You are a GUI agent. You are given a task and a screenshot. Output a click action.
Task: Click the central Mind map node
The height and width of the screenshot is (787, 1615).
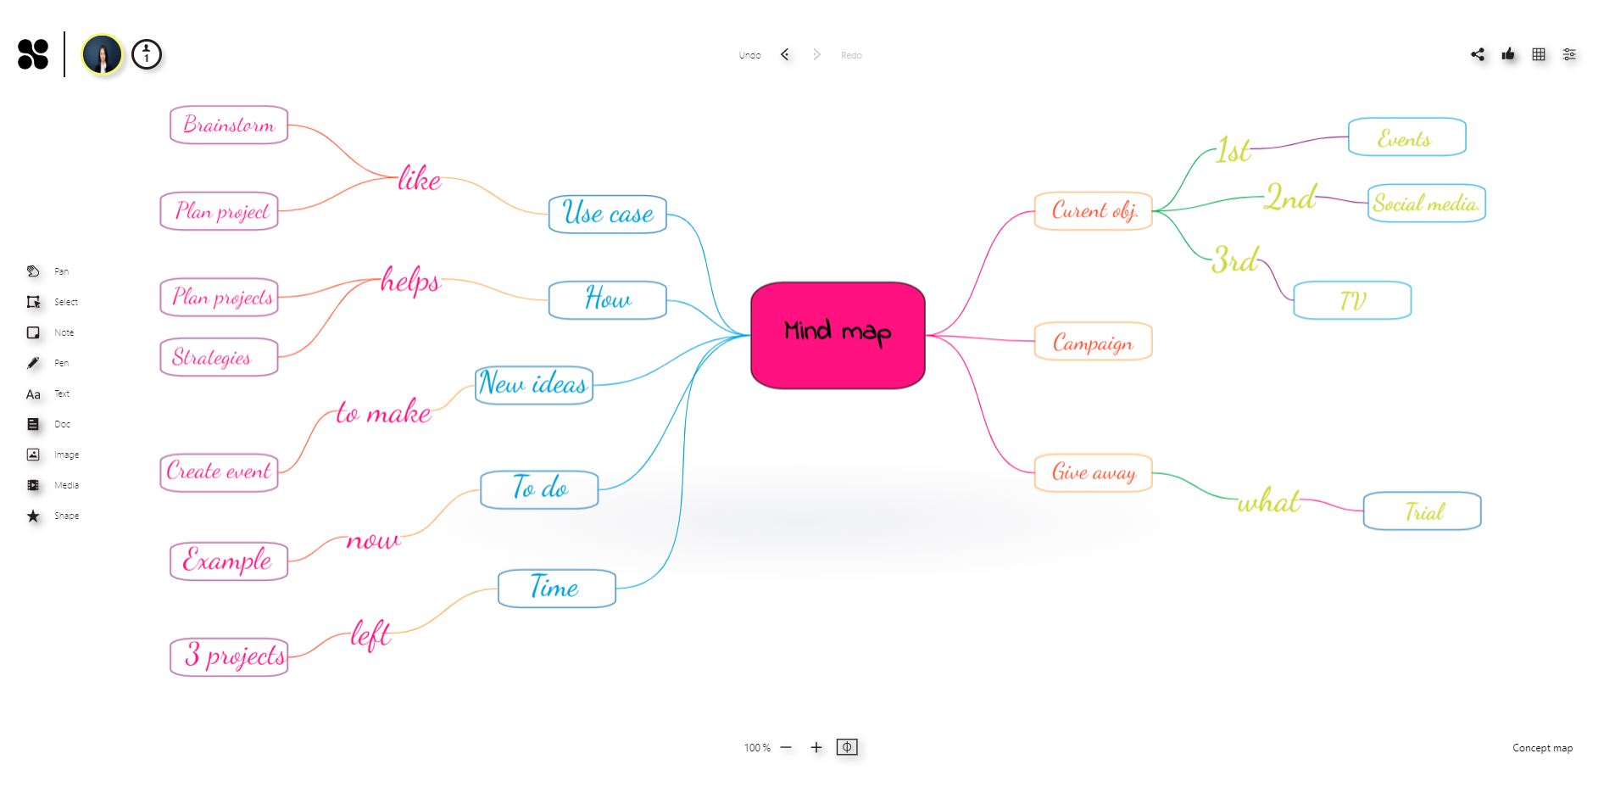pyautogui.click(x=838, y=335)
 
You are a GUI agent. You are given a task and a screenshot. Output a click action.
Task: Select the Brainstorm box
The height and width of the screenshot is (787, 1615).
pyautogui.click(x=229, y=125)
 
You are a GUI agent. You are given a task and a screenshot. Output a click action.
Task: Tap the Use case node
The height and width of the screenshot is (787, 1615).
pyautogui.click(x=607, y=214)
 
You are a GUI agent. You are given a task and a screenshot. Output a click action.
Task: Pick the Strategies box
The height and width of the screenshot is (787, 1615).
pyautogui.click(x=219, y=357)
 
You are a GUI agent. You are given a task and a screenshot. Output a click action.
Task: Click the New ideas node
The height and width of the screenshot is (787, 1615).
pyautogui.click(x=533, y=384)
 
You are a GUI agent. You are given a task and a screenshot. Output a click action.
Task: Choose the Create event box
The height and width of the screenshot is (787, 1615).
pyautogui.click(x=219, y=472)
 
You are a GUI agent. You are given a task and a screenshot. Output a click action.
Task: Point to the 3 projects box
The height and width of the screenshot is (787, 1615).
pyautogui.click(x=229, y=656)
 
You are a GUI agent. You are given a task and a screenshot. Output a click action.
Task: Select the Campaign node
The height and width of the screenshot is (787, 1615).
pyautogui.click(x=1093, y=342)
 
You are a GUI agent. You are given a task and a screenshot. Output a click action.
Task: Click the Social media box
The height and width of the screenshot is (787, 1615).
pyautogui.click(x=1426, y=204)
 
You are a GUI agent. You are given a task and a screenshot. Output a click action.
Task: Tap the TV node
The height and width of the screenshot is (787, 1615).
pyautogui.click(x=1352, y=300)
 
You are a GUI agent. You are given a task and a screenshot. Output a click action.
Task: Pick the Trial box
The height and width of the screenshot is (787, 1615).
pyautogui.click(x=1422, y=511)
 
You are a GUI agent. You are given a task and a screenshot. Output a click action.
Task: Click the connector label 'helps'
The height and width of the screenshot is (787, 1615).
pyautogui.click(x=410, y=280)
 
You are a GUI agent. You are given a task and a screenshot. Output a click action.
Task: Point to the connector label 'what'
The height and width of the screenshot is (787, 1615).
pyautogui.click(x=1268, y=502)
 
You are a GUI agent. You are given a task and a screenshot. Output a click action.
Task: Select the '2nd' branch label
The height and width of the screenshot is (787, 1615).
pyautogui.click(x=1289, y=198)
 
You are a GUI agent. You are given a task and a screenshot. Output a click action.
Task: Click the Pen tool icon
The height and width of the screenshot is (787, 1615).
pyautogui.click(x=33, y=363)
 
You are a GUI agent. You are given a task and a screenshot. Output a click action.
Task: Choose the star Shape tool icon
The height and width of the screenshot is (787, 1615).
pyautogui.click(x=33, y=516)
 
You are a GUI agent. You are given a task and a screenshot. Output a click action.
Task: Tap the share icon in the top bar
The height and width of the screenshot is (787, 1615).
pyautogui.click(x=1478, y=54)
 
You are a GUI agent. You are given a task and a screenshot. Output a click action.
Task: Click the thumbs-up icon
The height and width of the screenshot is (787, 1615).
pyautogui.click(x=1508, y=54)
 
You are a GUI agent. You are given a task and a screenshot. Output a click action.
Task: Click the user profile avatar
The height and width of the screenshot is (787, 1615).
pyautogui.click(x=102, y=55)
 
